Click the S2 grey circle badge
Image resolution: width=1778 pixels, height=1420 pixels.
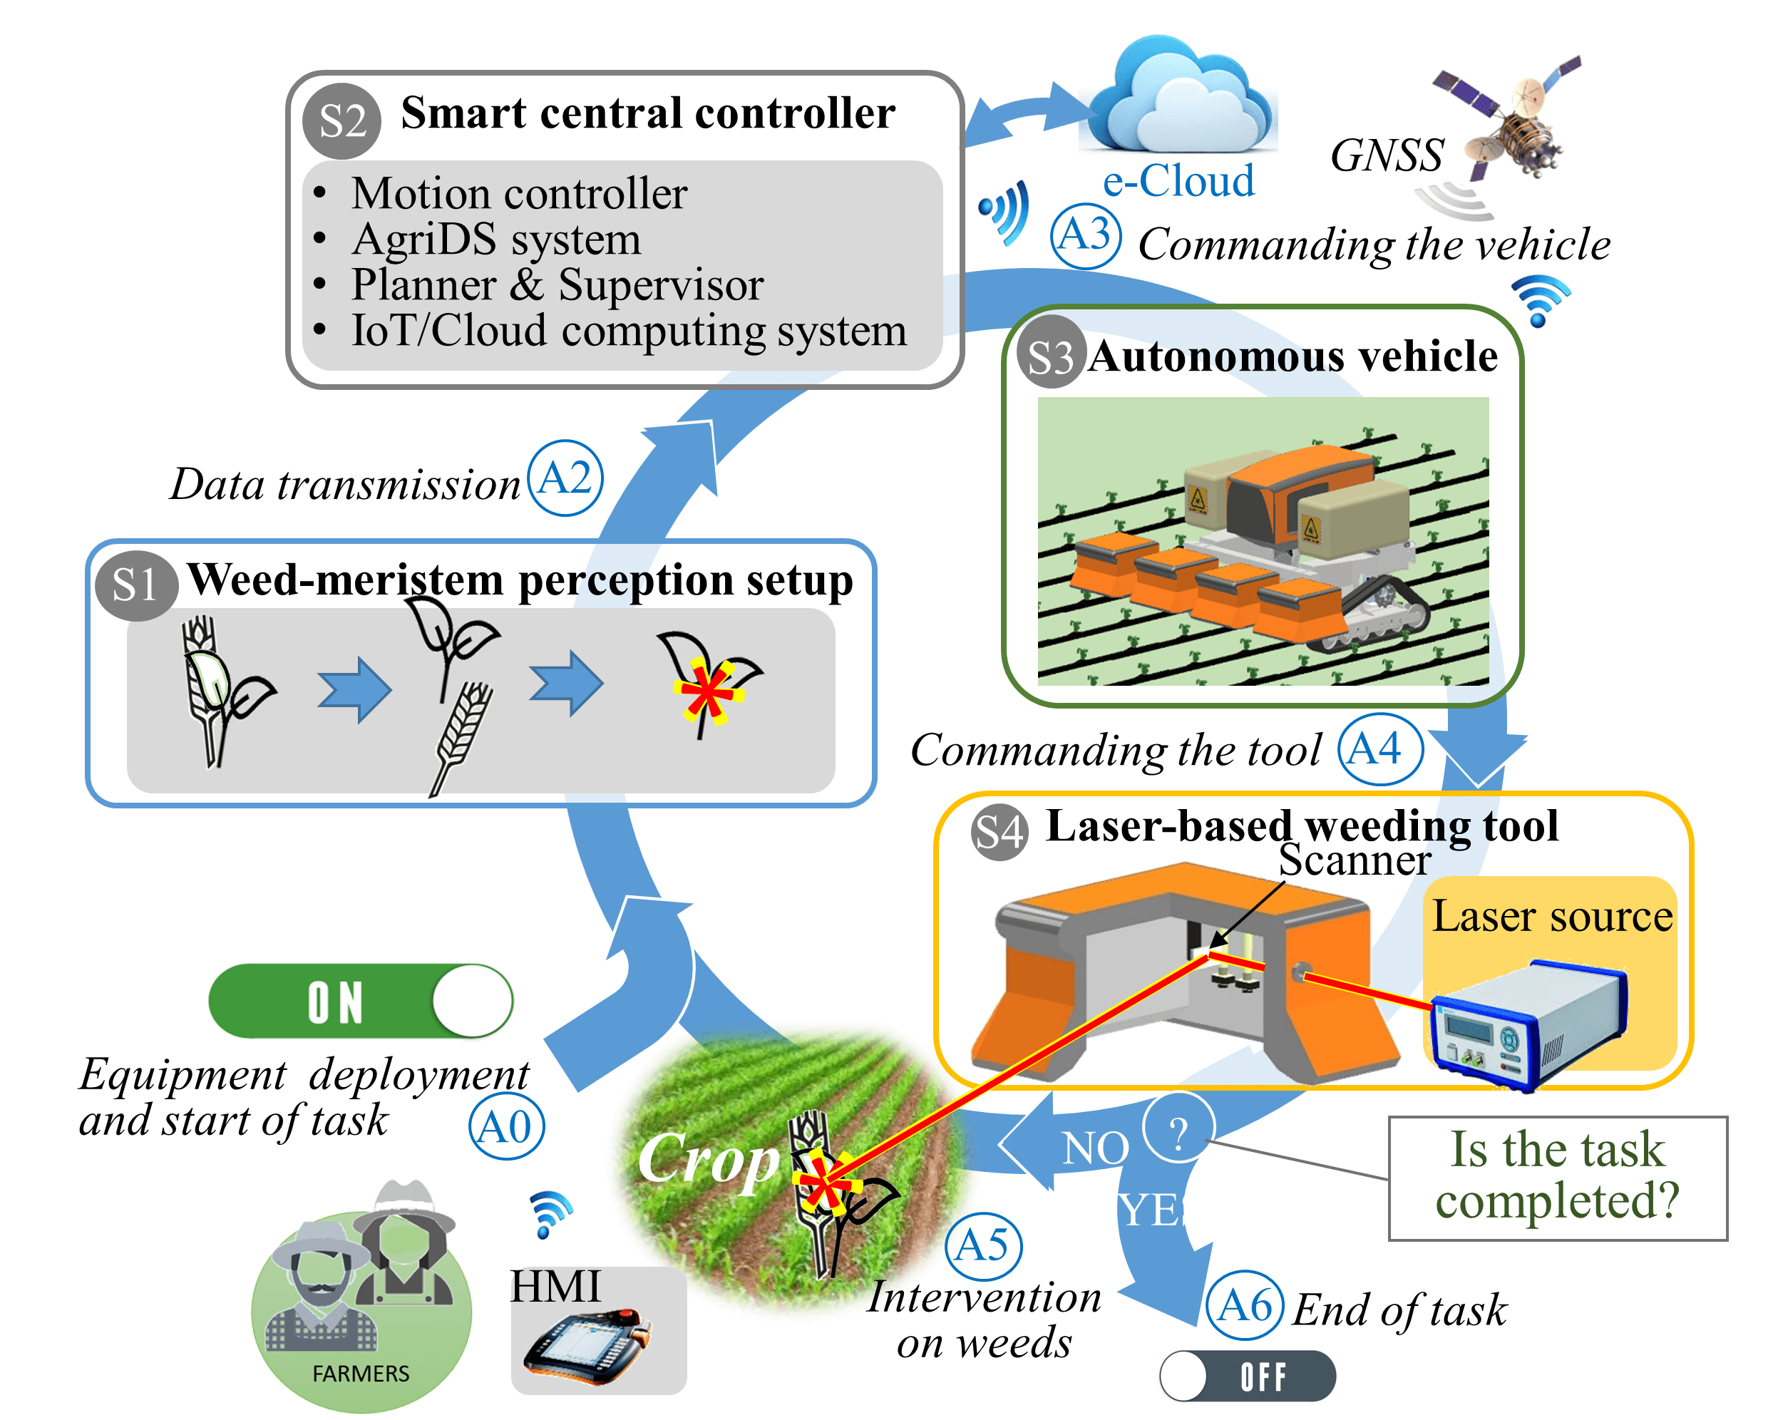click(x=341, y=121)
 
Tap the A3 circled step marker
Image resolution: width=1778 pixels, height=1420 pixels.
click(x=1085, y=236)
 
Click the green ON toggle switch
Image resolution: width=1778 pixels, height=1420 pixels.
click(x=361, y=1001)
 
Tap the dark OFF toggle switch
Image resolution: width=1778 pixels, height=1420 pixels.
click(x=1247, y=1376)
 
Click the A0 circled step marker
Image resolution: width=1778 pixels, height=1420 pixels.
click(x=505, y=1126)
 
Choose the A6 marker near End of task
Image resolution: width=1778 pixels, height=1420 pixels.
click(x=1245, y=1305)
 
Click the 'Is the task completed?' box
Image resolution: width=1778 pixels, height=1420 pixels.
click(x=1557, y=1178)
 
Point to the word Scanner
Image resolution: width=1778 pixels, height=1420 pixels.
click(x=1354, y=860)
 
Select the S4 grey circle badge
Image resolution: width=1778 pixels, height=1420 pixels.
click(x=999, y=832)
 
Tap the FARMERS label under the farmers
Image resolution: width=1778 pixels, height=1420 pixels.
click(x=361, y=1374)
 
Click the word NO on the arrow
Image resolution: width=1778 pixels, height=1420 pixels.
click(x=1094, y=1148)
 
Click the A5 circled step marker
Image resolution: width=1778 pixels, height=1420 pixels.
click(x=982, y=1245)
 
